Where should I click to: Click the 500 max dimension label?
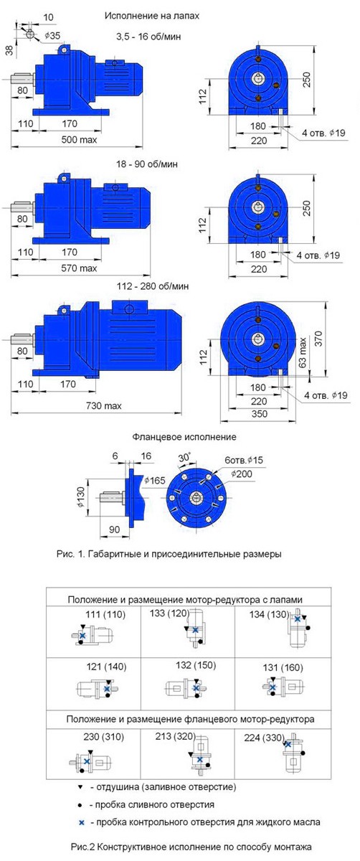coord(79,139)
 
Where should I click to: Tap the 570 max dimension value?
coord(79,268)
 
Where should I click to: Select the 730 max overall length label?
coord(104,405)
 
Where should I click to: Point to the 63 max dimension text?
coord(303,352)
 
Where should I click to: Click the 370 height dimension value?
coord(318,338)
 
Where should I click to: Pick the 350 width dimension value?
coord(260,414)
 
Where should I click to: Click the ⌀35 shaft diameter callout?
coord(52,36)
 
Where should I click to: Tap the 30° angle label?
coord(184,457)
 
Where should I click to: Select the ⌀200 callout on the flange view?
coord(242,474)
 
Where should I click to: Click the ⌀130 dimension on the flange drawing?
coord(81,497)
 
